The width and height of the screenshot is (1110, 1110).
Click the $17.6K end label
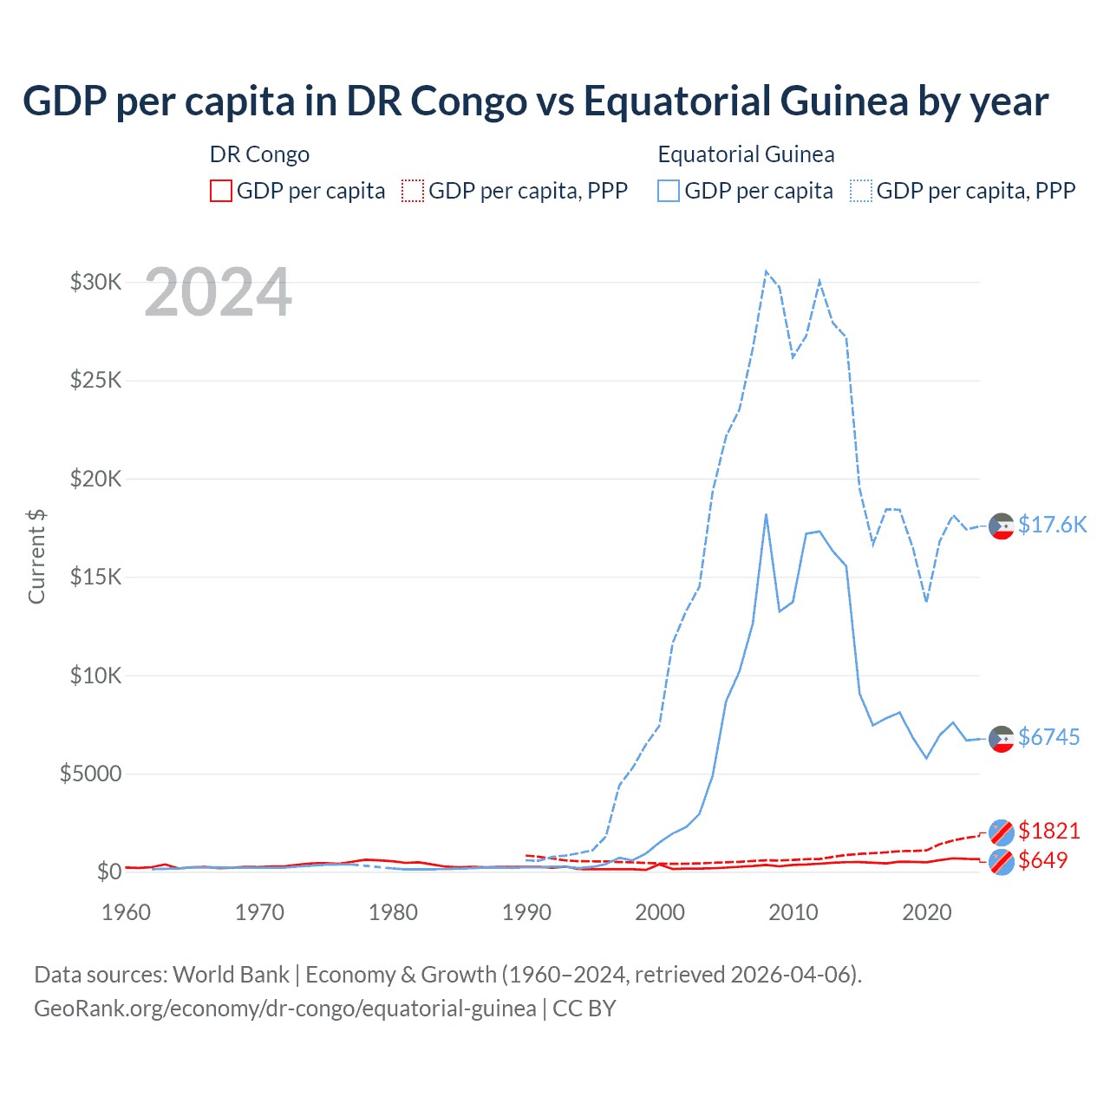[1052, 525]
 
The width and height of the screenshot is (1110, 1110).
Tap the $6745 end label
[1048, 737]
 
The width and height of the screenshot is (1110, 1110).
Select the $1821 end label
[1048, 831]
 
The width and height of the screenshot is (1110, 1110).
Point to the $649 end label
[1042, 860]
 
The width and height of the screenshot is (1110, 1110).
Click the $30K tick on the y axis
[95, 282]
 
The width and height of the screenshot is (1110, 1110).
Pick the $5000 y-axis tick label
[90, 774]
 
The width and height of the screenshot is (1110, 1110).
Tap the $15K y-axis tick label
[95, 577]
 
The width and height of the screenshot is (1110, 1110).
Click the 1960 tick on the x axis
[127, 912]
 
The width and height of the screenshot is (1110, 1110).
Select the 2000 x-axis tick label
[660, 912]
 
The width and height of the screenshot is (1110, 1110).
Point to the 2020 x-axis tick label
[927, 912]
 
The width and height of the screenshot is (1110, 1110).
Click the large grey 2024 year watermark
[218, 293]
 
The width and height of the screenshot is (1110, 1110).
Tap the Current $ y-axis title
[36, 557]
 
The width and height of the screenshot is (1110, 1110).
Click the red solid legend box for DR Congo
[221, 191]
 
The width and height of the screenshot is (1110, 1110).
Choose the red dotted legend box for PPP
[413, 191]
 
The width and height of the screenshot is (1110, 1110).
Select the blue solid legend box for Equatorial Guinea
[669, 191]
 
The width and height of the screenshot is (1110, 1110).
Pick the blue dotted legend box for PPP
[861, 191]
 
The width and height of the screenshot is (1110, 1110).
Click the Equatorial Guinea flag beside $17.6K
[1002, 526]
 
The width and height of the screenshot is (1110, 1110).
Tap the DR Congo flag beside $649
[1002, 862]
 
